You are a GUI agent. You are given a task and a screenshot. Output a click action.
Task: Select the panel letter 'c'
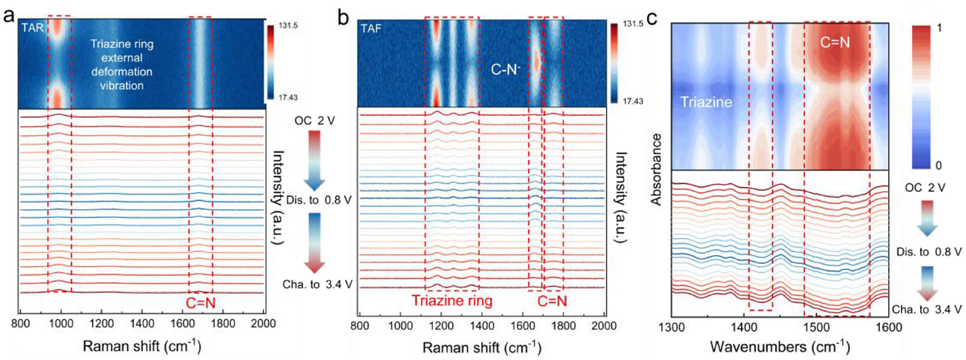653,18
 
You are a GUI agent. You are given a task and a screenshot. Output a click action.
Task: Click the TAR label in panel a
33,28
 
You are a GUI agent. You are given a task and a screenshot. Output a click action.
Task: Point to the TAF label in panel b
372,29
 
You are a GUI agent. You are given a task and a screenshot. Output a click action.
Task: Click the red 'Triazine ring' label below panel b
452,300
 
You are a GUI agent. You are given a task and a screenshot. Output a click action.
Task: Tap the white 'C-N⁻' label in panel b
506,70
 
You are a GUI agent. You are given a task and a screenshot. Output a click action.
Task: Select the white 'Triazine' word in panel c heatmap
706,102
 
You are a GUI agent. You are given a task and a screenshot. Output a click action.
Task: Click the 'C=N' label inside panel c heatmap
835,42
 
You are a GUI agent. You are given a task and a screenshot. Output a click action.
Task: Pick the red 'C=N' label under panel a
200,303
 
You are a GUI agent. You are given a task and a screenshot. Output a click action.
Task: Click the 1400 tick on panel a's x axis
142,324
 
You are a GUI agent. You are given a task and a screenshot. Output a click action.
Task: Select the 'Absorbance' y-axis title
656,170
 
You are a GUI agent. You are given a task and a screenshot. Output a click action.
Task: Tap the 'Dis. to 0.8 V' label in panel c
928,252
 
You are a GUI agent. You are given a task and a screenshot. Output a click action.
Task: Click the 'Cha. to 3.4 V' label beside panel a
317,285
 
